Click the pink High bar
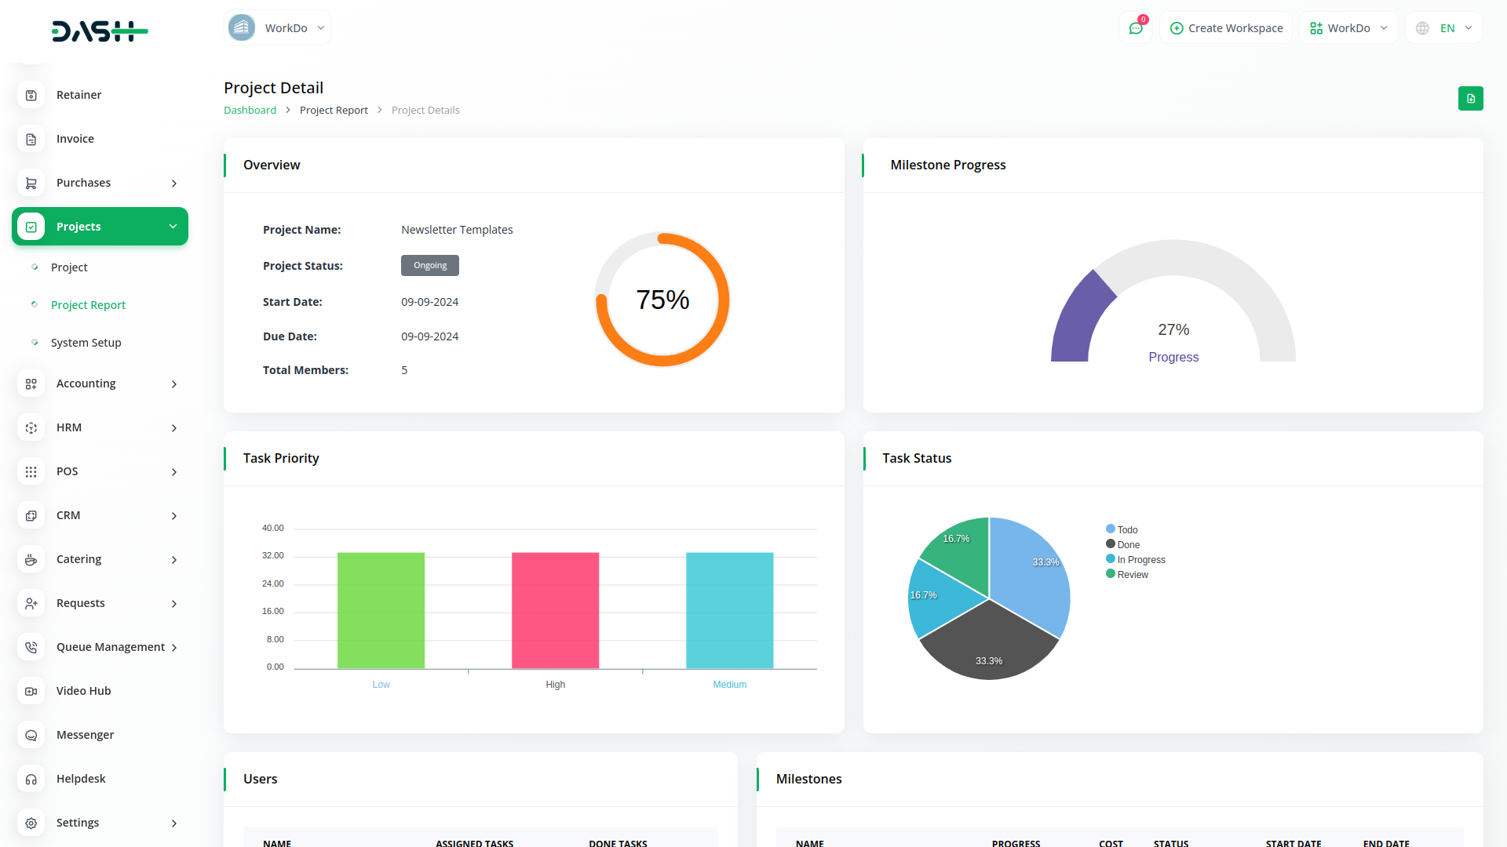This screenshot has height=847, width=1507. coord(555,610)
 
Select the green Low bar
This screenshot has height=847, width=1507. coord(381,610)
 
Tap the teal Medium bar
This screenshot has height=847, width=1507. coord(729,610)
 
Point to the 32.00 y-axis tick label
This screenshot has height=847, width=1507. coord(272,556)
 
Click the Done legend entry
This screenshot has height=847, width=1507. coord(1127,545)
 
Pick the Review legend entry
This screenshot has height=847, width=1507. coord(1131,575)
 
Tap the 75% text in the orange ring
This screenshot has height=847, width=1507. coord(662,300)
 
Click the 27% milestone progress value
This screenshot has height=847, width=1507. coord(1173,329)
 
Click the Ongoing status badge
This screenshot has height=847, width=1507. coord(430,266)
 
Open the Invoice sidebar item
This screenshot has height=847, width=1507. coord(75,139)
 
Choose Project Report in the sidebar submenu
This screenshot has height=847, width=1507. coord(88,305)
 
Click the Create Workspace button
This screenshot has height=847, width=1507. coord(1226,28)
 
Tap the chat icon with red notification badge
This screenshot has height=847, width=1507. coord(1135,28)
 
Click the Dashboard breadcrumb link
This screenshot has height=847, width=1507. coord(250,111)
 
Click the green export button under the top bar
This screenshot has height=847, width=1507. coord(1470,99)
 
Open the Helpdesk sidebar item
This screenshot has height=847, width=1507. coord(81,779)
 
